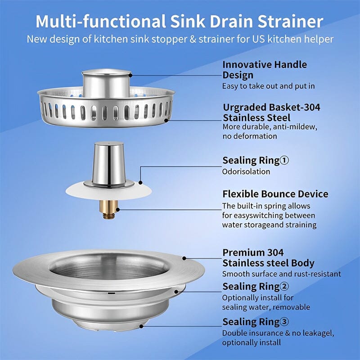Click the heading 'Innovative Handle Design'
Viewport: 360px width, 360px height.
click(265, 70)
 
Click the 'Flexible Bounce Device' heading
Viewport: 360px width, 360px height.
click(275, 194)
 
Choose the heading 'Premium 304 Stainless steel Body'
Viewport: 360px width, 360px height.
click(268, 258)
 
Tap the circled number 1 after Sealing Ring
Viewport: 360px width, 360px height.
click(284, 161)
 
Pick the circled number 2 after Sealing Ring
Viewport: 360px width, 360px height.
click(284, 287)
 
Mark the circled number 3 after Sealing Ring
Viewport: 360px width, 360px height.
click(284, 322)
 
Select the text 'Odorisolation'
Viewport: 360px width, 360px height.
click(246, 171)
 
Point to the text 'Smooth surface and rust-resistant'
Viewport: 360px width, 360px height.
click(282, 274)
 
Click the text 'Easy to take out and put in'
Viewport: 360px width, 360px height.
click(268, 85)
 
